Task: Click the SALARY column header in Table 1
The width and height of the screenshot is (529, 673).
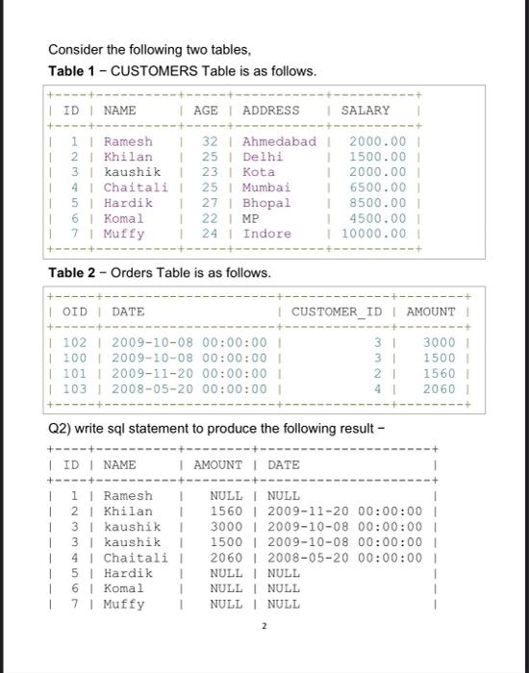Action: pos(365,111)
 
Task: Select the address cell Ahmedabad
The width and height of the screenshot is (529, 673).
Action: pos(279,141)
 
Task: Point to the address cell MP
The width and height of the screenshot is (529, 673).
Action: pos(252,218)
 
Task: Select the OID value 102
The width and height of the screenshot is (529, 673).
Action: pos(74,342)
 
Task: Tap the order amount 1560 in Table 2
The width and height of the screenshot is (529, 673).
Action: pos(438,373)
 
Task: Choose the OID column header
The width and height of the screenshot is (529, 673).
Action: pos(74,312)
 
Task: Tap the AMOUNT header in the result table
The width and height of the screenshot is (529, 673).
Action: pos(216,465)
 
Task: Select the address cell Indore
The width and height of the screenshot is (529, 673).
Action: pos(266,234)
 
